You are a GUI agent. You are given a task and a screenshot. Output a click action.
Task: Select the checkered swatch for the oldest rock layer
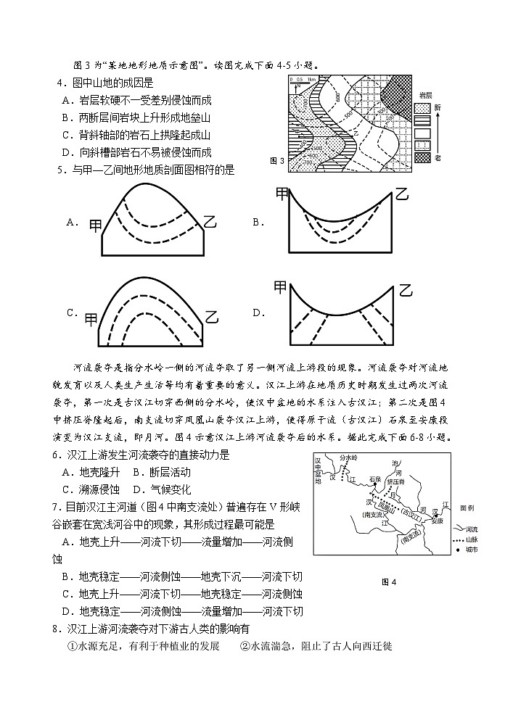pyautogui.click(x=422, y=157)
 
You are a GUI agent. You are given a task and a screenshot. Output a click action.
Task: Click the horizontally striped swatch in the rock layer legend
pyautogui.click(x=422, y=120)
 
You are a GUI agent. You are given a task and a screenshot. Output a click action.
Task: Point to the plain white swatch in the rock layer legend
pyautogui.click(x=422, y=133)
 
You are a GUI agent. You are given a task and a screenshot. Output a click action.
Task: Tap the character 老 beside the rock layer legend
pyautogui.click(x=438, y=157)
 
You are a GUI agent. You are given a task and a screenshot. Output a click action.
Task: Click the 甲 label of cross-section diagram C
pyautogui.click(x=91, y=317)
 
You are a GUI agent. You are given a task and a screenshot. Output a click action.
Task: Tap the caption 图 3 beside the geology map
pyautogui.click(x=276, y=161)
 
